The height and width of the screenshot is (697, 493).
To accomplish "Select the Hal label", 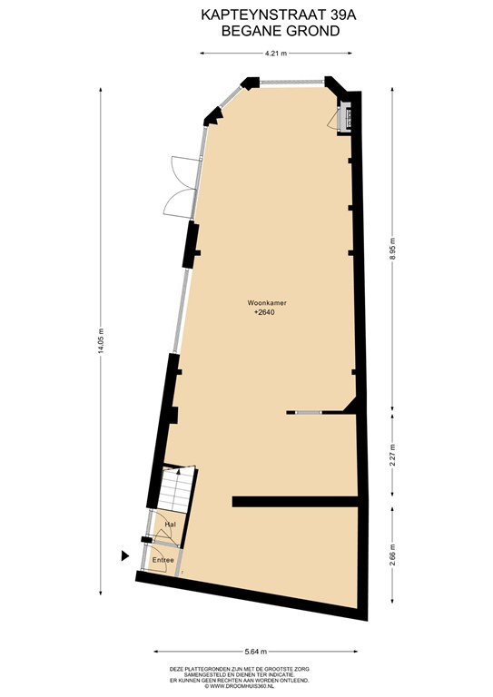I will pyautogui.click(x=169, y=525).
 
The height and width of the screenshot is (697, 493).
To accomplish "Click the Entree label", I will pyautogui.click(x=163, y=560).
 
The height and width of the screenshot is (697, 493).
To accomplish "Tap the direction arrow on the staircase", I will pyautogui.click(x=180, y=471).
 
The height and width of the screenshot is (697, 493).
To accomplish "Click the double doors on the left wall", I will pyautogui.click(x=178, y=188).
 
